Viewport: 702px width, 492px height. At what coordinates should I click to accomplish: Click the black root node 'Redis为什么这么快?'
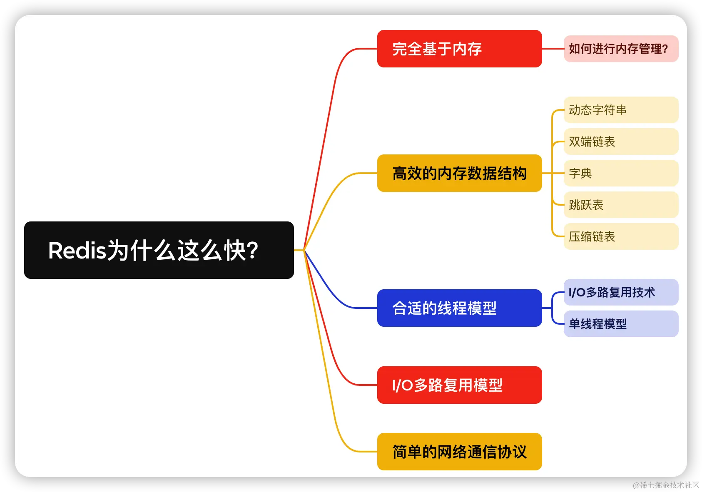(x=159, y=250)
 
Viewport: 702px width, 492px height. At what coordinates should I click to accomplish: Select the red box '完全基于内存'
(x=459, y=49)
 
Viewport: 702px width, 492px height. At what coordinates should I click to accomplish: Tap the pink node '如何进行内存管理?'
(x=620, y=49)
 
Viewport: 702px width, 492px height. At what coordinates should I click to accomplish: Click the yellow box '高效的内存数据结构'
(x=459, y=173)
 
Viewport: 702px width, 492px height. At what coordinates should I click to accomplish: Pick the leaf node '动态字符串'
(x=620, y=110)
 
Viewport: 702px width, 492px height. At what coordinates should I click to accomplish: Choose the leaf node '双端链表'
(x=620, y=142)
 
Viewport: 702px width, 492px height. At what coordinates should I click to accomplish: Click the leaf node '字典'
(x=620, y=173)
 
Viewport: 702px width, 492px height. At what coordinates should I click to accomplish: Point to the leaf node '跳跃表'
(x=620, y=205)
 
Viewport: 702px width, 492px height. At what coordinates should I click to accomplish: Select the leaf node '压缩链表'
(x=620, y=236)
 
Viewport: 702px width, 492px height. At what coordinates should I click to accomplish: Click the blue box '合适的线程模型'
(x=459, y=308)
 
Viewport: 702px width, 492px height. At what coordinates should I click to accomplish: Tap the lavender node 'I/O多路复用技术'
(x=620, y=292)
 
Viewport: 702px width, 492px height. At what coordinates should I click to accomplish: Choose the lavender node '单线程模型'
(x=620, y=324)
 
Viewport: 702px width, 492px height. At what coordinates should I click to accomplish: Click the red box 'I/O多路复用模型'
(x=459, y=385)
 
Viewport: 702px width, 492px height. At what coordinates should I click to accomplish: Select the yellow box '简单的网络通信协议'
(x=459, y=452)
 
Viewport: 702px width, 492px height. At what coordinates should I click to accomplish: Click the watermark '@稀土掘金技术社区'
(x=665, y=484)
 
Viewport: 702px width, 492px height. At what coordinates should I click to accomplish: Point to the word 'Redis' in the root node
(x=77, y=251)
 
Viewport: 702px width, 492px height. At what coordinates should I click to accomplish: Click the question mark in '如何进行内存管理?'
(x=665, y=49)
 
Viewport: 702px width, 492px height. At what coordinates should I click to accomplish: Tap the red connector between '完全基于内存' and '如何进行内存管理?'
(x=553, y=49)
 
